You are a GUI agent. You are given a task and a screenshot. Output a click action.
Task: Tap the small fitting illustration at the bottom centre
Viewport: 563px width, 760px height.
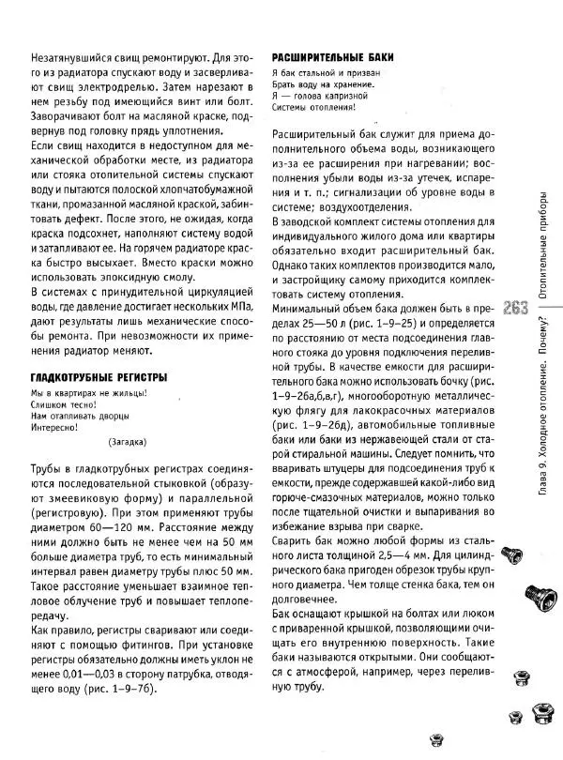click(433, 740)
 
